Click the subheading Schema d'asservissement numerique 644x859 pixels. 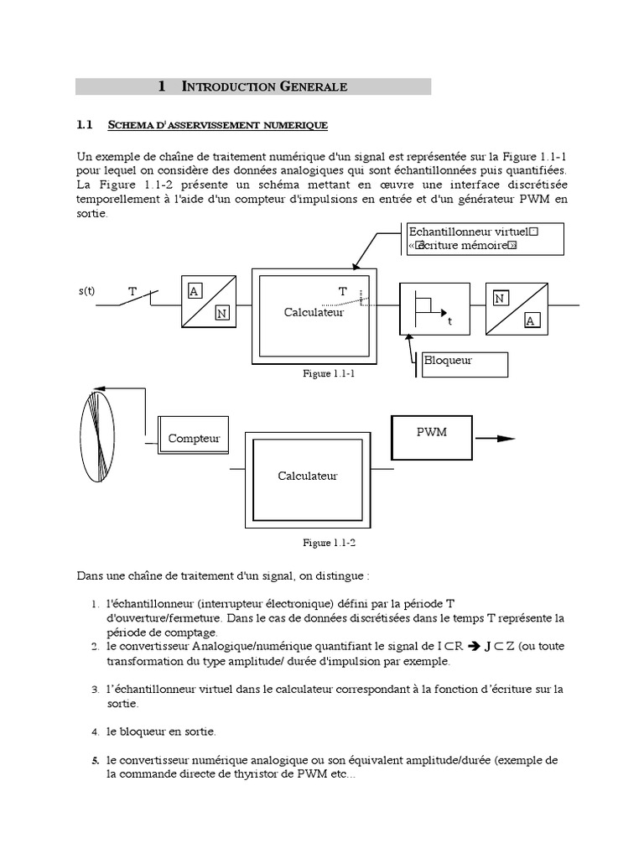click(218, 126)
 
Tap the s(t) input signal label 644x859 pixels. click(86, 291)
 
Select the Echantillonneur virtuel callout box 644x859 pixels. click(484, 238)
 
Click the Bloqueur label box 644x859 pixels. click(465, 362)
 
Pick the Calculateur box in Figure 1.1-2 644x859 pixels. click(307, 476)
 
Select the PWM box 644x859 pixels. click(432, 437)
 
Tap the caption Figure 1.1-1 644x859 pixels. click(330, 374)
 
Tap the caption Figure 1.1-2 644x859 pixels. click(330, 543)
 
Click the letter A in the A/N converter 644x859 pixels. click(194, 291)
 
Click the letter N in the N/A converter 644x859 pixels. click(500, 298)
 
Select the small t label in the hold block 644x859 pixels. click(449, 320)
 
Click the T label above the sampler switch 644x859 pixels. click(132, 291)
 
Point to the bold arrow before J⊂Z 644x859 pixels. click(473, 646)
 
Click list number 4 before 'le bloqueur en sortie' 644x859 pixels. click(96, 731)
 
